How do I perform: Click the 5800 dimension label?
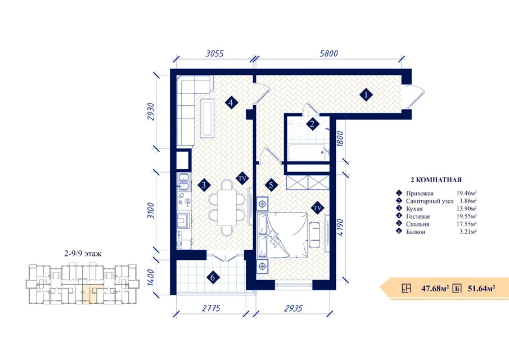pos(328,53)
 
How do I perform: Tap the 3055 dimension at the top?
pos(215,53)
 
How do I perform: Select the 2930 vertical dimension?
pos(151,112)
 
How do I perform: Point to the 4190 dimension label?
pos(340,227)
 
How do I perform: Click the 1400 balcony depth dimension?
pos(151,277)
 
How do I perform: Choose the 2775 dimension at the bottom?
pos(211,308)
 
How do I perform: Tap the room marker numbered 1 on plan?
pos(366,95)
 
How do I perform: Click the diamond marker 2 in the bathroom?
pos(312,124)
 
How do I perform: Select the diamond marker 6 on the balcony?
pos(213,277)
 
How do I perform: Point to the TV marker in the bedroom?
pos(317,208)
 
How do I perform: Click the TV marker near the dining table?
pos(242,178)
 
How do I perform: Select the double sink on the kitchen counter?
pos(184,182)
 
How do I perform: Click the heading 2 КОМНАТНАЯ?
pos(436,179)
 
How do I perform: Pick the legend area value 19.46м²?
pos(466,193)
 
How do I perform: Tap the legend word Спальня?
pos(417,224)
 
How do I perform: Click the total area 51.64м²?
pos(481,288)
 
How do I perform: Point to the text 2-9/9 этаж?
pos(83,254)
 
